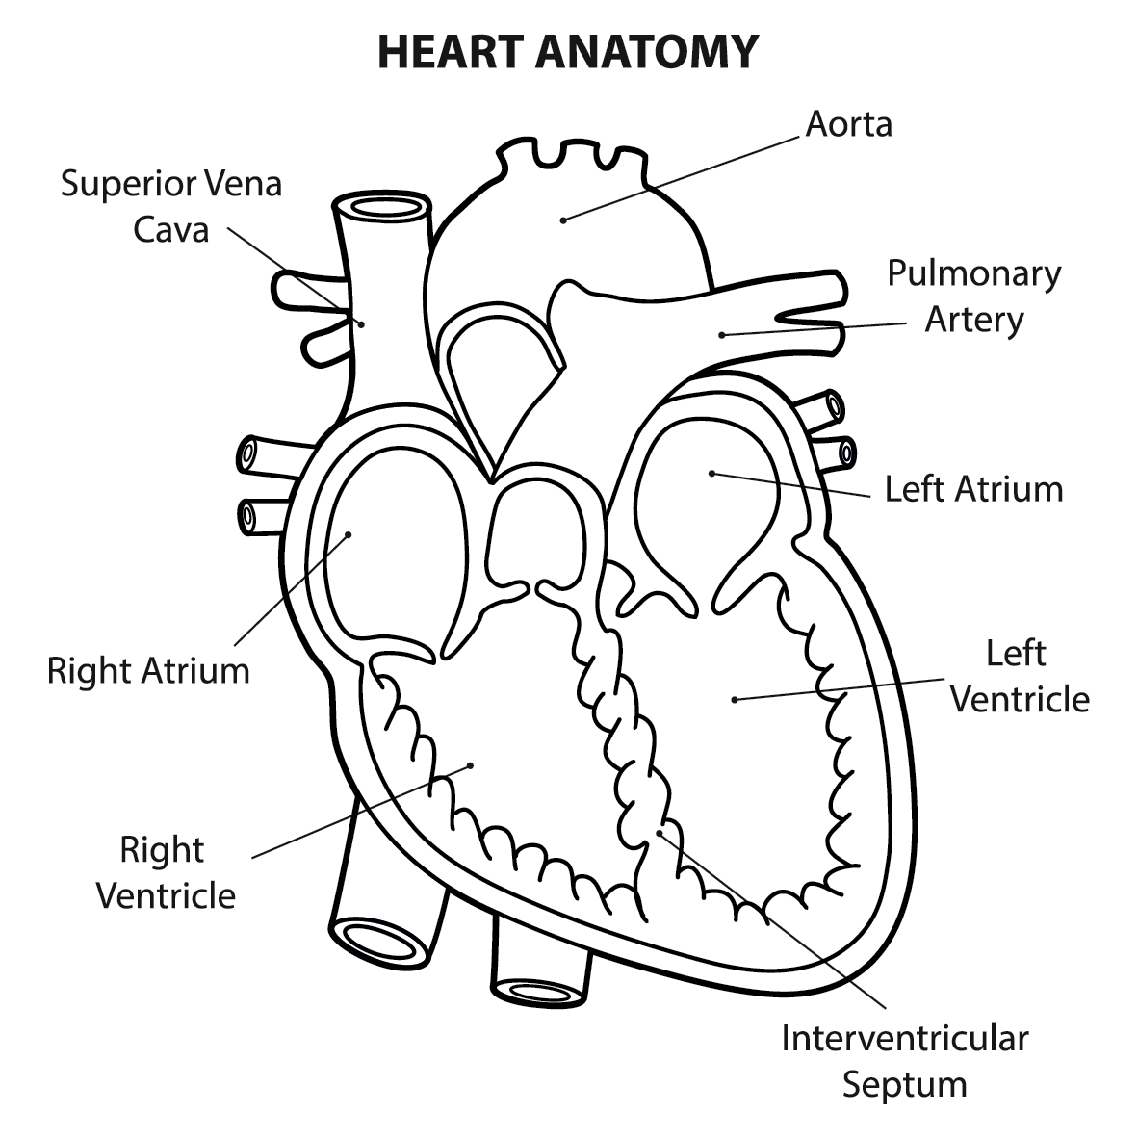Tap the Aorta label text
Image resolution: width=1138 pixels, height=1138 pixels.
point(849,124)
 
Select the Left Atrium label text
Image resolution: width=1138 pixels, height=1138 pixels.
point(973,489)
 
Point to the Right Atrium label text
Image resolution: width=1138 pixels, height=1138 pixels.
point(148,670)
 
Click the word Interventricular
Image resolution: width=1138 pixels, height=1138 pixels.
point(904,1039)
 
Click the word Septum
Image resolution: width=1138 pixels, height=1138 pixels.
point(904,1084)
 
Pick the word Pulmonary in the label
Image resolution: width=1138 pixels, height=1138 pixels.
point(973,273)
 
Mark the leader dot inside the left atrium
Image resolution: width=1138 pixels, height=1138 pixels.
point(711,472)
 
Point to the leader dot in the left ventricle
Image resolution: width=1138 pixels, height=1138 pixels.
point(735,700)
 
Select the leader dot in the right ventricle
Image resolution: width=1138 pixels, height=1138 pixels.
point(471,765)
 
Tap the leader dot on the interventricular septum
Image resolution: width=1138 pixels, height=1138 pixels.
point(659,831)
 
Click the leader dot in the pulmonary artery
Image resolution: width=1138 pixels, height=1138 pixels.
point(721,334)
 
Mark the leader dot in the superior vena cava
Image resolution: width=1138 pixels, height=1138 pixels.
point(362,323)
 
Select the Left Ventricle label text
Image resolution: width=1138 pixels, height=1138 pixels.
point(1019,677)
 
